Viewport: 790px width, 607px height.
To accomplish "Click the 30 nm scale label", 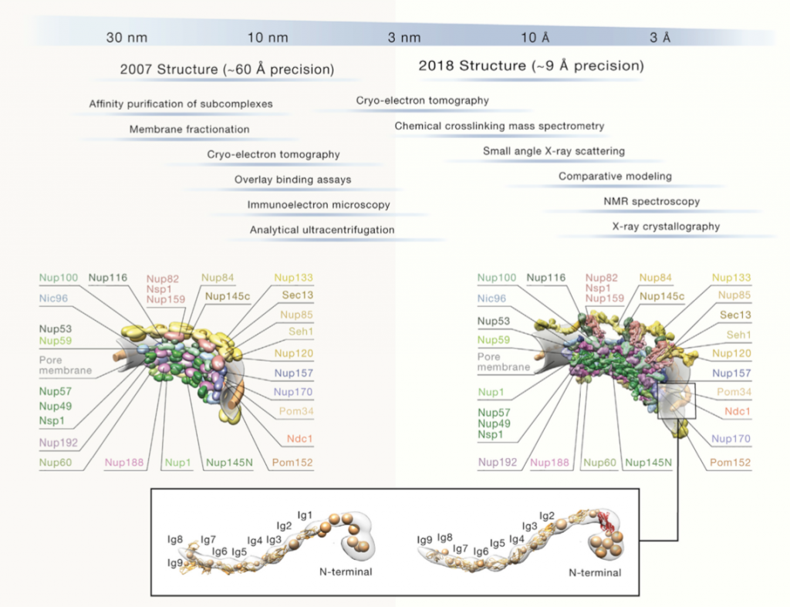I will tap(127, 37).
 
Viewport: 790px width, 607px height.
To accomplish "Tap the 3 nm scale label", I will tap(404, 37).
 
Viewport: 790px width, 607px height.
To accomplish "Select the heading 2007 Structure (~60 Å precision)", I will tap(227, 69).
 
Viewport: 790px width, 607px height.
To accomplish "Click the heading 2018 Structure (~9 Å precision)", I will tap(531, 66).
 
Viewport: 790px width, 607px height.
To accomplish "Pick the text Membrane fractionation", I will tap(189, 129).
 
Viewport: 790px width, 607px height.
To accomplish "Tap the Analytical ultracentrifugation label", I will tap(322, 230).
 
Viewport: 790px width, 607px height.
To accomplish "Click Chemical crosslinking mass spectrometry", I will tap(499, 126).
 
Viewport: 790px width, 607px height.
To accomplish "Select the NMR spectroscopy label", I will tap(651, 201).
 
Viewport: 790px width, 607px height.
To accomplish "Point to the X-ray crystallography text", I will tap(665, 227).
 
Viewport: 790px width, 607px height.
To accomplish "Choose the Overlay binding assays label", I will tap(292, 180).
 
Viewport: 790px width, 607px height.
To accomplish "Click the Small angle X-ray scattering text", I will tap(553, 151).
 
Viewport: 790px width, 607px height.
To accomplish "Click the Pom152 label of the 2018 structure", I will tap(729, 463).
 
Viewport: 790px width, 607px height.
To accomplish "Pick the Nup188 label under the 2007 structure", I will tap(123, 463).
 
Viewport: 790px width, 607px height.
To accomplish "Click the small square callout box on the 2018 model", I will tap(677, 400).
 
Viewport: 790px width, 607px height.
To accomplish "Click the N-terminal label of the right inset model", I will tap(595, 573).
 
